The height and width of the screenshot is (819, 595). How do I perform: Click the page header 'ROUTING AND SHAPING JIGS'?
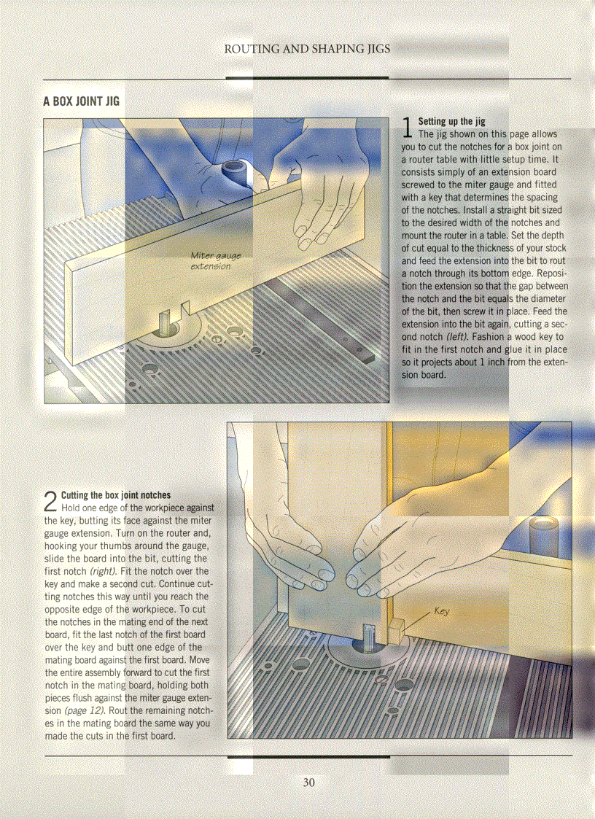(307, 49)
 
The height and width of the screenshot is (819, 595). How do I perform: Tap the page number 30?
(308, 783)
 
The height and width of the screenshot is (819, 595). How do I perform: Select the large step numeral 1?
(408, 128)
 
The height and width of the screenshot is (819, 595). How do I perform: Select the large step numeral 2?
(50, 502)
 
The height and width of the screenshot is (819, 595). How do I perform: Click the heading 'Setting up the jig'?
(451, 122)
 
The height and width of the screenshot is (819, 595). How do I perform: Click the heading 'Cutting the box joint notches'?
(116, 495)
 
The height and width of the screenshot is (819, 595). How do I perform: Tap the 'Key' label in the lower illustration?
(441, 611)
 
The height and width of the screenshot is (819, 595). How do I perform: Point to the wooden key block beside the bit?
(394, 630)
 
